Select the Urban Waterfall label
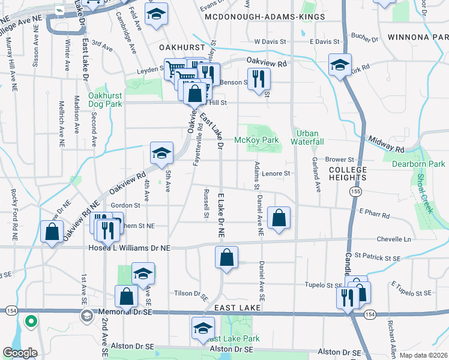[x=307, y=137]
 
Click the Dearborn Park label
[x=418, y=163]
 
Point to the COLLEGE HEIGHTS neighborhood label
[x=347, y=175]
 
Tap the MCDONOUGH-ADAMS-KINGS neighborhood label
[x=265, y=17]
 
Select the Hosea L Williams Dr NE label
[x=129, y=247]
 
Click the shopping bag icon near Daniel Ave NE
[x=279, y=219]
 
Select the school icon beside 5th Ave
[x=161, y=154]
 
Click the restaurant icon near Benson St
[x=259, y=80]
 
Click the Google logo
[x=20, y=353]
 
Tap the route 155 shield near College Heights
[x=357, y=191]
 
